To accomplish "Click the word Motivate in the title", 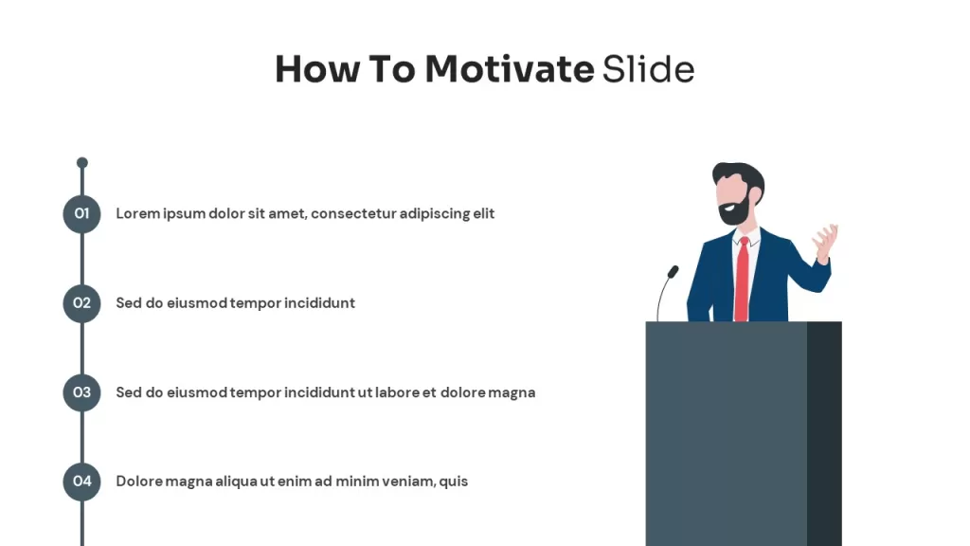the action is (x=509, y=68).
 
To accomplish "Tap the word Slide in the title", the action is (x=648, y=68).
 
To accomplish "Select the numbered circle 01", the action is (x=81, y=214).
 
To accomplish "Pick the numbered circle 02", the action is (x=81, y=303).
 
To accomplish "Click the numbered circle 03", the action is (x=81, y=392).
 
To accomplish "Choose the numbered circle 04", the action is (x=81, y=482).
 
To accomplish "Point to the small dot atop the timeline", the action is (x=82, y=163).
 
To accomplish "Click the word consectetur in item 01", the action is (x=353, y=213).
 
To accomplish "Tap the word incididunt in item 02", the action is (x=319, y=302).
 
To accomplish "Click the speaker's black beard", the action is (x=735, y=210).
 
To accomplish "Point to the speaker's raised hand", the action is (x=826, y=242).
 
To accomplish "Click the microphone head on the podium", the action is (x=674, y=271).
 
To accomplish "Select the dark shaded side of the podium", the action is (x=824, y=433).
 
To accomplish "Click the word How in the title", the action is (x=317, y=68).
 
